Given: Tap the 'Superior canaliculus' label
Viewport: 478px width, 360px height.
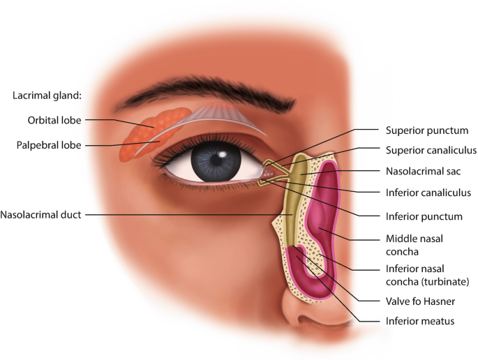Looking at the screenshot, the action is tap(431, 149).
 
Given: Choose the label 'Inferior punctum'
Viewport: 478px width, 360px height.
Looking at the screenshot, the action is tap(424, 216).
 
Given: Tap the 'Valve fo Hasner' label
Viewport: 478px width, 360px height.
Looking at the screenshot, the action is tap(420, 301).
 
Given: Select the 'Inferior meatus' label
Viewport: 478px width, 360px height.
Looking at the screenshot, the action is tap(419, 321).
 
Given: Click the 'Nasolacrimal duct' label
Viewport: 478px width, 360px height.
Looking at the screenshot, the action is tap(42, 215).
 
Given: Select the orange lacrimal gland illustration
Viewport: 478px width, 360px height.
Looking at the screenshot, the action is tap(150, 133).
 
